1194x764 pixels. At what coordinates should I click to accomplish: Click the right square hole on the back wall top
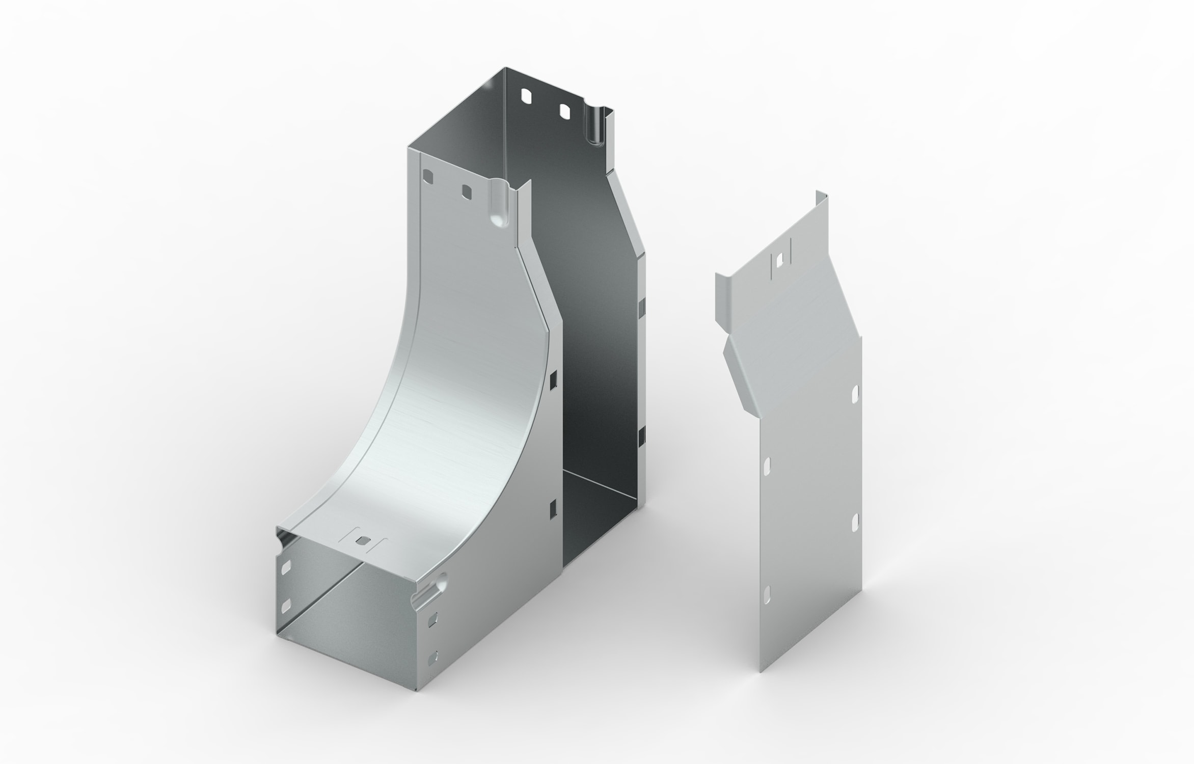pyautogui.click(x=564, y=112)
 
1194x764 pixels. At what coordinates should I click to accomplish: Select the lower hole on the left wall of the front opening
pyautogui.click(x=285, y=605)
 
